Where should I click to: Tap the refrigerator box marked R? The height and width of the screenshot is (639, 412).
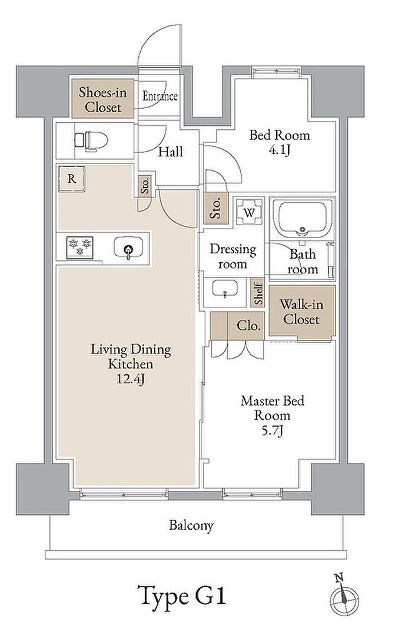tap(71, 179)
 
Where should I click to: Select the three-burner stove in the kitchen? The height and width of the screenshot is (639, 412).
tap(79, 247)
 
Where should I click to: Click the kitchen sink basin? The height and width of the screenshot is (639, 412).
tap(128, 249)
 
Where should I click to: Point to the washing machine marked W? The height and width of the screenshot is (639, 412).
tap(249, 212)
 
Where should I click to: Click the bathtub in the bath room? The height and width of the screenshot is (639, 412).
tap(303, 219)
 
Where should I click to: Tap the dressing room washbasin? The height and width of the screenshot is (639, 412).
tap(224, 290)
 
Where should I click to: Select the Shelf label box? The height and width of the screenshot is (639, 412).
tap(258, 293)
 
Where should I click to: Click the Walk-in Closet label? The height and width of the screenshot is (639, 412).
tap(301, 312)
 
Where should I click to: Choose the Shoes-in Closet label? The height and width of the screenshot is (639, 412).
tap(103, 99)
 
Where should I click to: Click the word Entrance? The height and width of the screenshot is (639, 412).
tap(160, 96)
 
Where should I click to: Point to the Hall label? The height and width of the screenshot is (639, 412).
tap(171, 152)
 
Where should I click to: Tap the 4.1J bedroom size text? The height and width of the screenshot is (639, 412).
tap(280, 150)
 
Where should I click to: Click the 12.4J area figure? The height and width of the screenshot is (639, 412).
tap(131, 379)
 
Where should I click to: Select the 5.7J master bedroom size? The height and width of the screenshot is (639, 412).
tap(272, 431)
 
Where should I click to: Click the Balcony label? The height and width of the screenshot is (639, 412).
tap(191, 526)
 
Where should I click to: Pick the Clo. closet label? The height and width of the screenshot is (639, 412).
tap(248, 326)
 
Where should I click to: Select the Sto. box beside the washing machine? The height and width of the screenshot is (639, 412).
tap(216, 208)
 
